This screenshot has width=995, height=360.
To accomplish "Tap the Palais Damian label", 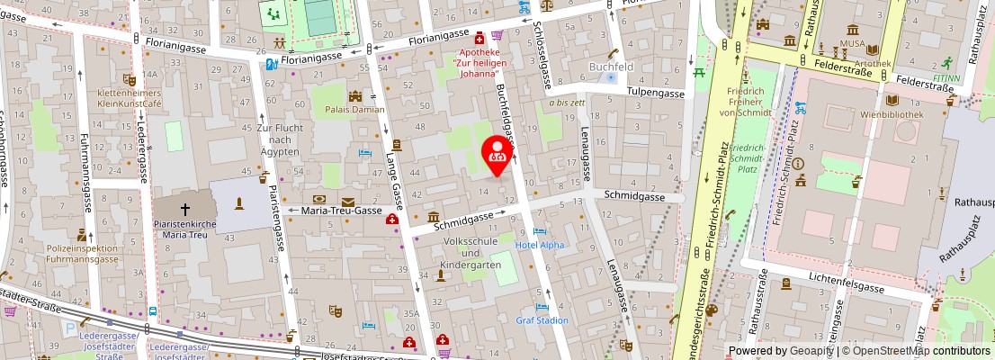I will (354, 109).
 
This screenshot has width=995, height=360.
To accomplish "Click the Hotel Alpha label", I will (540, 245).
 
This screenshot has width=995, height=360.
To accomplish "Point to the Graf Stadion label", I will (542, 319).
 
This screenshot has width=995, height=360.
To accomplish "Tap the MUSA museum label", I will (852, 42).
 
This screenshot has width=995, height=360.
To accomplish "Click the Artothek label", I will (874, 63).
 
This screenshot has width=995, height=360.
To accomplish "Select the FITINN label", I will (946, 77).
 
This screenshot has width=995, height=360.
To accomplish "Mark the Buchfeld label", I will (611, 66).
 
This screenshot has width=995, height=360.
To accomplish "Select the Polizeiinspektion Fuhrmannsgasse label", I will (82, 253).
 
